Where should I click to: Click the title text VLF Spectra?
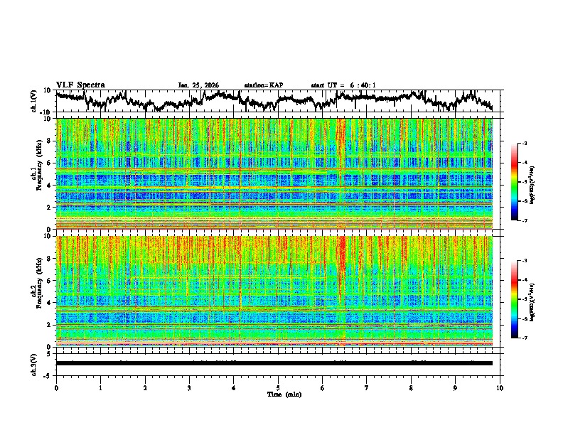[x=80, y=85]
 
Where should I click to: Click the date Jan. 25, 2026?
[x=198, y=85]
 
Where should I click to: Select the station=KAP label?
[x=263, y=85]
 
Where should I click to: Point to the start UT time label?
[x=343, y=85]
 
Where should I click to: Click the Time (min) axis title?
[x=278, y=394]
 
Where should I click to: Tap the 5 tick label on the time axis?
[x=278, y=387]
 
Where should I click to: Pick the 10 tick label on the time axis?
[x=500, y=387]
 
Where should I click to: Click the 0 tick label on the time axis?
[x=56, y=387]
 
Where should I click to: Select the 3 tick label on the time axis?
[x=189, y=387]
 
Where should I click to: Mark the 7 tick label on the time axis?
[x=367, y=387]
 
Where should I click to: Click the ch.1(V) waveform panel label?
[x=34, y=100]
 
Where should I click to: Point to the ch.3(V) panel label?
[x=34, y=362]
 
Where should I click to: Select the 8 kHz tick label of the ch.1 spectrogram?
[x=49, y=141]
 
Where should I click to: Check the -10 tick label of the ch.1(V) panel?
[x=45, y=112]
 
